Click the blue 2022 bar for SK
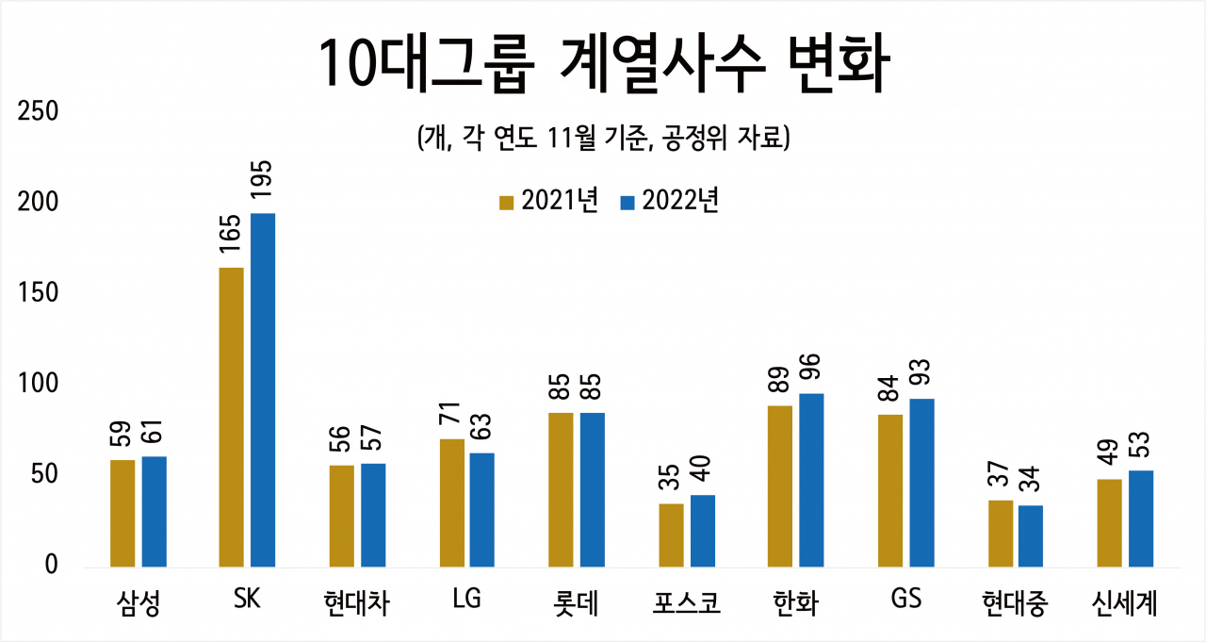tap(263, 390)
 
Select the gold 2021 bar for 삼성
tap(122, 513)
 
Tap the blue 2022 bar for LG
tap(481, 509)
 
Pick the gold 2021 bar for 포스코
tap(672, 535)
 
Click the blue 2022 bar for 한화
tap(811, 480)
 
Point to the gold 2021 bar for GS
tap(890, 490)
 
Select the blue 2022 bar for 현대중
tap(1031, 535)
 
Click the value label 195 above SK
tap(263, 180)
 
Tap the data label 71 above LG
tap(451, 413)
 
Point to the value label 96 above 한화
tap(811, 367)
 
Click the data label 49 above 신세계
tap(1109, 453)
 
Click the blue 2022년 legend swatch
tap(627, 203)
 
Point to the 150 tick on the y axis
tap(38, 292)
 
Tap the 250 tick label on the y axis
tap(38, 111)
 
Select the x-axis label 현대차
tap(356, 602)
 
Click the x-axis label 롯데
tap(576, 602)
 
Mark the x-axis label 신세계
tap(1125, 602)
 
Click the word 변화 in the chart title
tap(839, 63)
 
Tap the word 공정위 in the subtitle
tap(694, 138)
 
